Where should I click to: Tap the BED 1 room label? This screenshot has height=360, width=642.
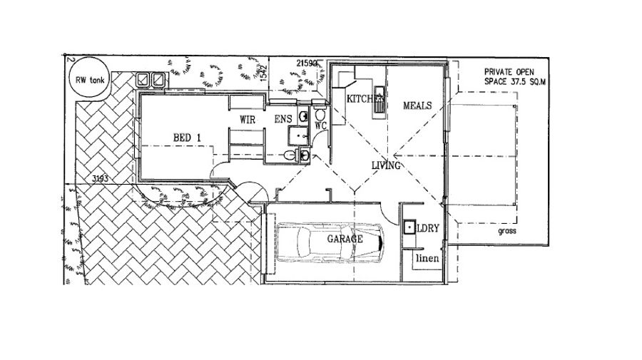(x=187, y=138)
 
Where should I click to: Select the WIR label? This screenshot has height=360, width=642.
(x=248, y=120)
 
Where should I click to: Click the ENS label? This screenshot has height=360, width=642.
(x=283, y=119)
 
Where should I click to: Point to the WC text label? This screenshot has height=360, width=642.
(x=320, y=125)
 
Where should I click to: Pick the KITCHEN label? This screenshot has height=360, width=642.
(x=366, y=98)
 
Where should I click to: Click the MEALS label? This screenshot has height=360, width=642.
(x=417, y=106)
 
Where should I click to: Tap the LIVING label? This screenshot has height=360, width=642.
(x=386, y=165)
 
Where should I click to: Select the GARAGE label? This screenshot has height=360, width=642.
(x=345, y=239)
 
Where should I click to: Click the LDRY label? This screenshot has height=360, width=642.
(x=428, y=228)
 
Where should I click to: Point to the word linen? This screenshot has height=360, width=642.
(x=427, y=258)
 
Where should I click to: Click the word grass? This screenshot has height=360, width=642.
(x=507, y=231)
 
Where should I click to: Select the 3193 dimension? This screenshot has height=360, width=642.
(x=100, y=179)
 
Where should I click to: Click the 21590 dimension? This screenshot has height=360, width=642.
(x=307, y=63)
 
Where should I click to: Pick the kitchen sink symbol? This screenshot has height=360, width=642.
(x=379, y=100)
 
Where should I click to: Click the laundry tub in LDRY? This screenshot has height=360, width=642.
(x=409, y=227)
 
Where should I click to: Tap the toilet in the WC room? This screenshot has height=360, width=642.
(x=320, y=115)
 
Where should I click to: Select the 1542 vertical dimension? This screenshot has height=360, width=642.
(x=264, y=72)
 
